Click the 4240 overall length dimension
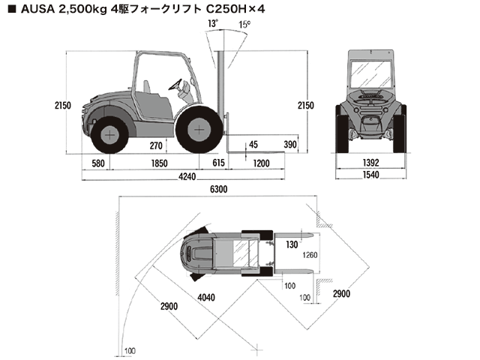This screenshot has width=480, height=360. (187, 177)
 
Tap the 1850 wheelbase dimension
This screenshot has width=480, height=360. (158, 163)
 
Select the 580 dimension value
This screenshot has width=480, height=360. (98, 163)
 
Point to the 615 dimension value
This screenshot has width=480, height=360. (219, 163)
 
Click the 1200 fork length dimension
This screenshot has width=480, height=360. (262, 163)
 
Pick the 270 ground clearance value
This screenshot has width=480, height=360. (156, 145)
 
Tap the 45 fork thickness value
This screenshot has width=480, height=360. (253, 144)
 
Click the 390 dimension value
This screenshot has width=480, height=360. (291, 145)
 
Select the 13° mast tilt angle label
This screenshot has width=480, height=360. (214, 24)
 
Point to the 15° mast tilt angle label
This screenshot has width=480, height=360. (244, 24)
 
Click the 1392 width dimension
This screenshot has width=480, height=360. (372, 163)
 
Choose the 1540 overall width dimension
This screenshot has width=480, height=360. (372, 175)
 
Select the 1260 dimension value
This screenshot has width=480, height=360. (310, 255)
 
